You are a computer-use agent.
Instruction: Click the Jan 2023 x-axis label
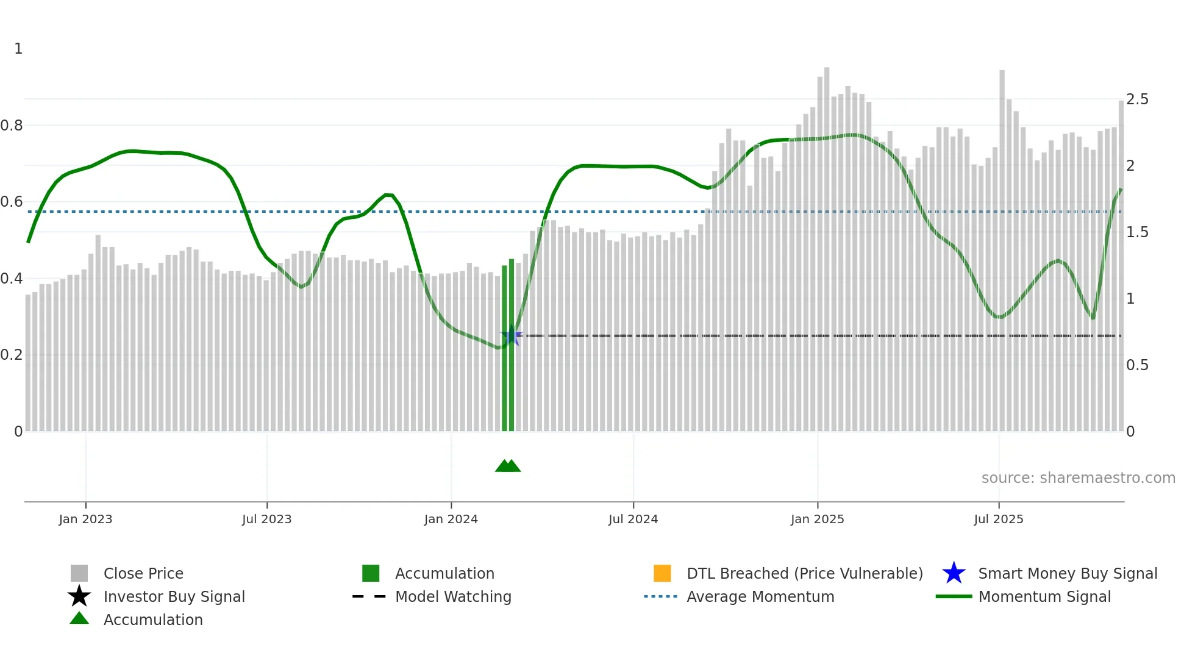click(85, 519)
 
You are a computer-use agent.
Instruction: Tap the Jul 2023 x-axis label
click(266, 519)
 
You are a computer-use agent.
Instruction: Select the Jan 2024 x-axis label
click(451, 519)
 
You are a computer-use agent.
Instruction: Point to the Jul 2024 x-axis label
click(633, 519)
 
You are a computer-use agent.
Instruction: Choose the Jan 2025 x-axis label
click(817, 519)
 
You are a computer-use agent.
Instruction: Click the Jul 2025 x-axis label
click(998, 519)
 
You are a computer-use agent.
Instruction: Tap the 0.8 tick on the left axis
click(12, 126)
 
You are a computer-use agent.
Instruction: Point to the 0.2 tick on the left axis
click(12, 355)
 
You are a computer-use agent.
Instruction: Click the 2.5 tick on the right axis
click(1137, 99)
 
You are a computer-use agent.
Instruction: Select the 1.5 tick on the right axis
click(1137, 232)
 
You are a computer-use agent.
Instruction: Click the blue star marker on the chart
click(511, 336)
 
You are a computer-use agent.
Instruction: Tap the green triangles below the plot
click(508, 466)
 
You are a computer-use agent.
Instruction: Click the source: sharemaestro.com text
click(1078, 478)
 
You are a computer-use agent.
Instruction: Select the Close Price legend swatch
click(79, 573)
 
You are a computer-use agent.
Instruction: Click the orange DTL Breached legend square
click(662, 573)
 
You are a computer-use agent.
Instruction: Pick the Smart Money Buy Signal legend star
click(954, 573)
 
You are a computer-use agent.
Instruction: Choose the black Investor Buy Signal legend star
click(79, 596)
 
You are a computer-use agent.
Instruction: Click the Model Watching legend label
click(453, 596)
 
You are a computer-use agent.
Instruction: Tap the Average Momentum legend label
click(760, 596)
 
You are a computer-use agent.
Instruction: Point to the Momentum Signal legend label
click(1044, 596)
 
